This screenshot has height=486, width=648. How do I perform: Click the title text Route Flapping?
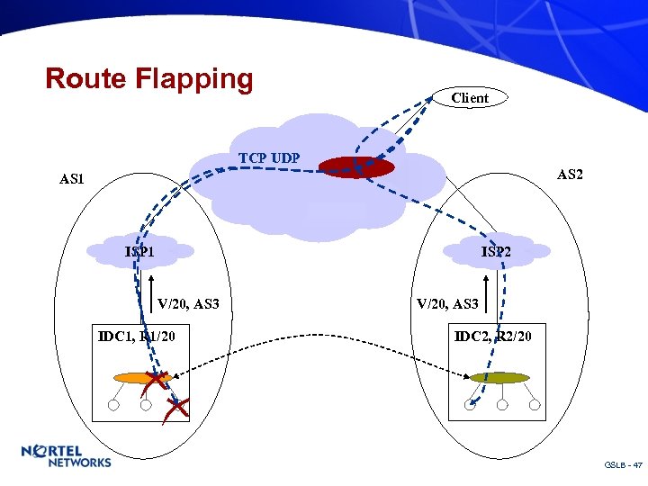click(x=149, y=78)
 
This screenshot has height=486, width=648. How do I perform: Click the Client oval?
click(x=470, y=97)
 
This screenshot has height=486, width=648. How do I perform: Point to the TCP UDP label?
click(x=269, y=158)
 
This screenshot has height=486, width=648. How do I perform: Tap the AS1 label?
click(x=72, y=179)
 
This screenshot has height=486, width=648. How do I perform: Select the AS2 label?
click(x=570, y=174)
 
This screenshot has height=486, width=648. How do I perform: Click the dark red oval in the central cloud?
click(x=356, y=167)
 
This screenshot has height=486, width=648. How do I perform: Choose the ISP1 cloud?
click(x=141, y=251)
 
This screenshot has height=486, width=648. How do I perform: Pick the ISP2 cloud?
click(x=495, y=251)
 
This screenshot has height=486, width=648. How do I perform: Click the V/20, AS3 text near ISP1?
click(x=188, y=304)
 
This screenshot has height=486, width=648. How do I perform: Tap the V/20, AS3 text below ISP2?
click(x=446, y=304)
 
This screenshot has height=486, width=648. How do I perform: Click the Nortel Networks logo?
click(x=67, y=456)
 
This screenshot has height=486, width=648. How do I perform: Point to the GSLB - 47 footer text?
click(x=623, y=465)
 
